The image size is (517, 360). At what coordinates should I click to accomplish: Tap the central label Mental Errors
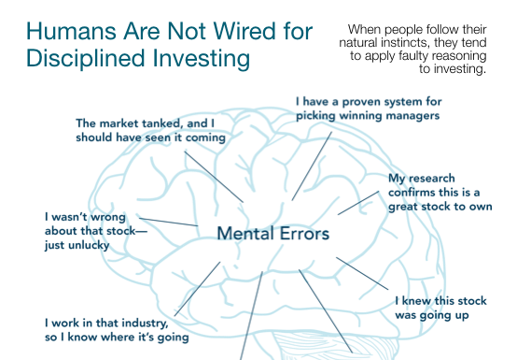point(273,233)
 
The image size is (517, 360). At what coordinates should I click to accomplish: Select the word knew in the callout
point(418,301)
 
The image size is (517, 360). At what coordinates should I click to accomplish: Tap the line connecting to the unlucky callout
point(167,222)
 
